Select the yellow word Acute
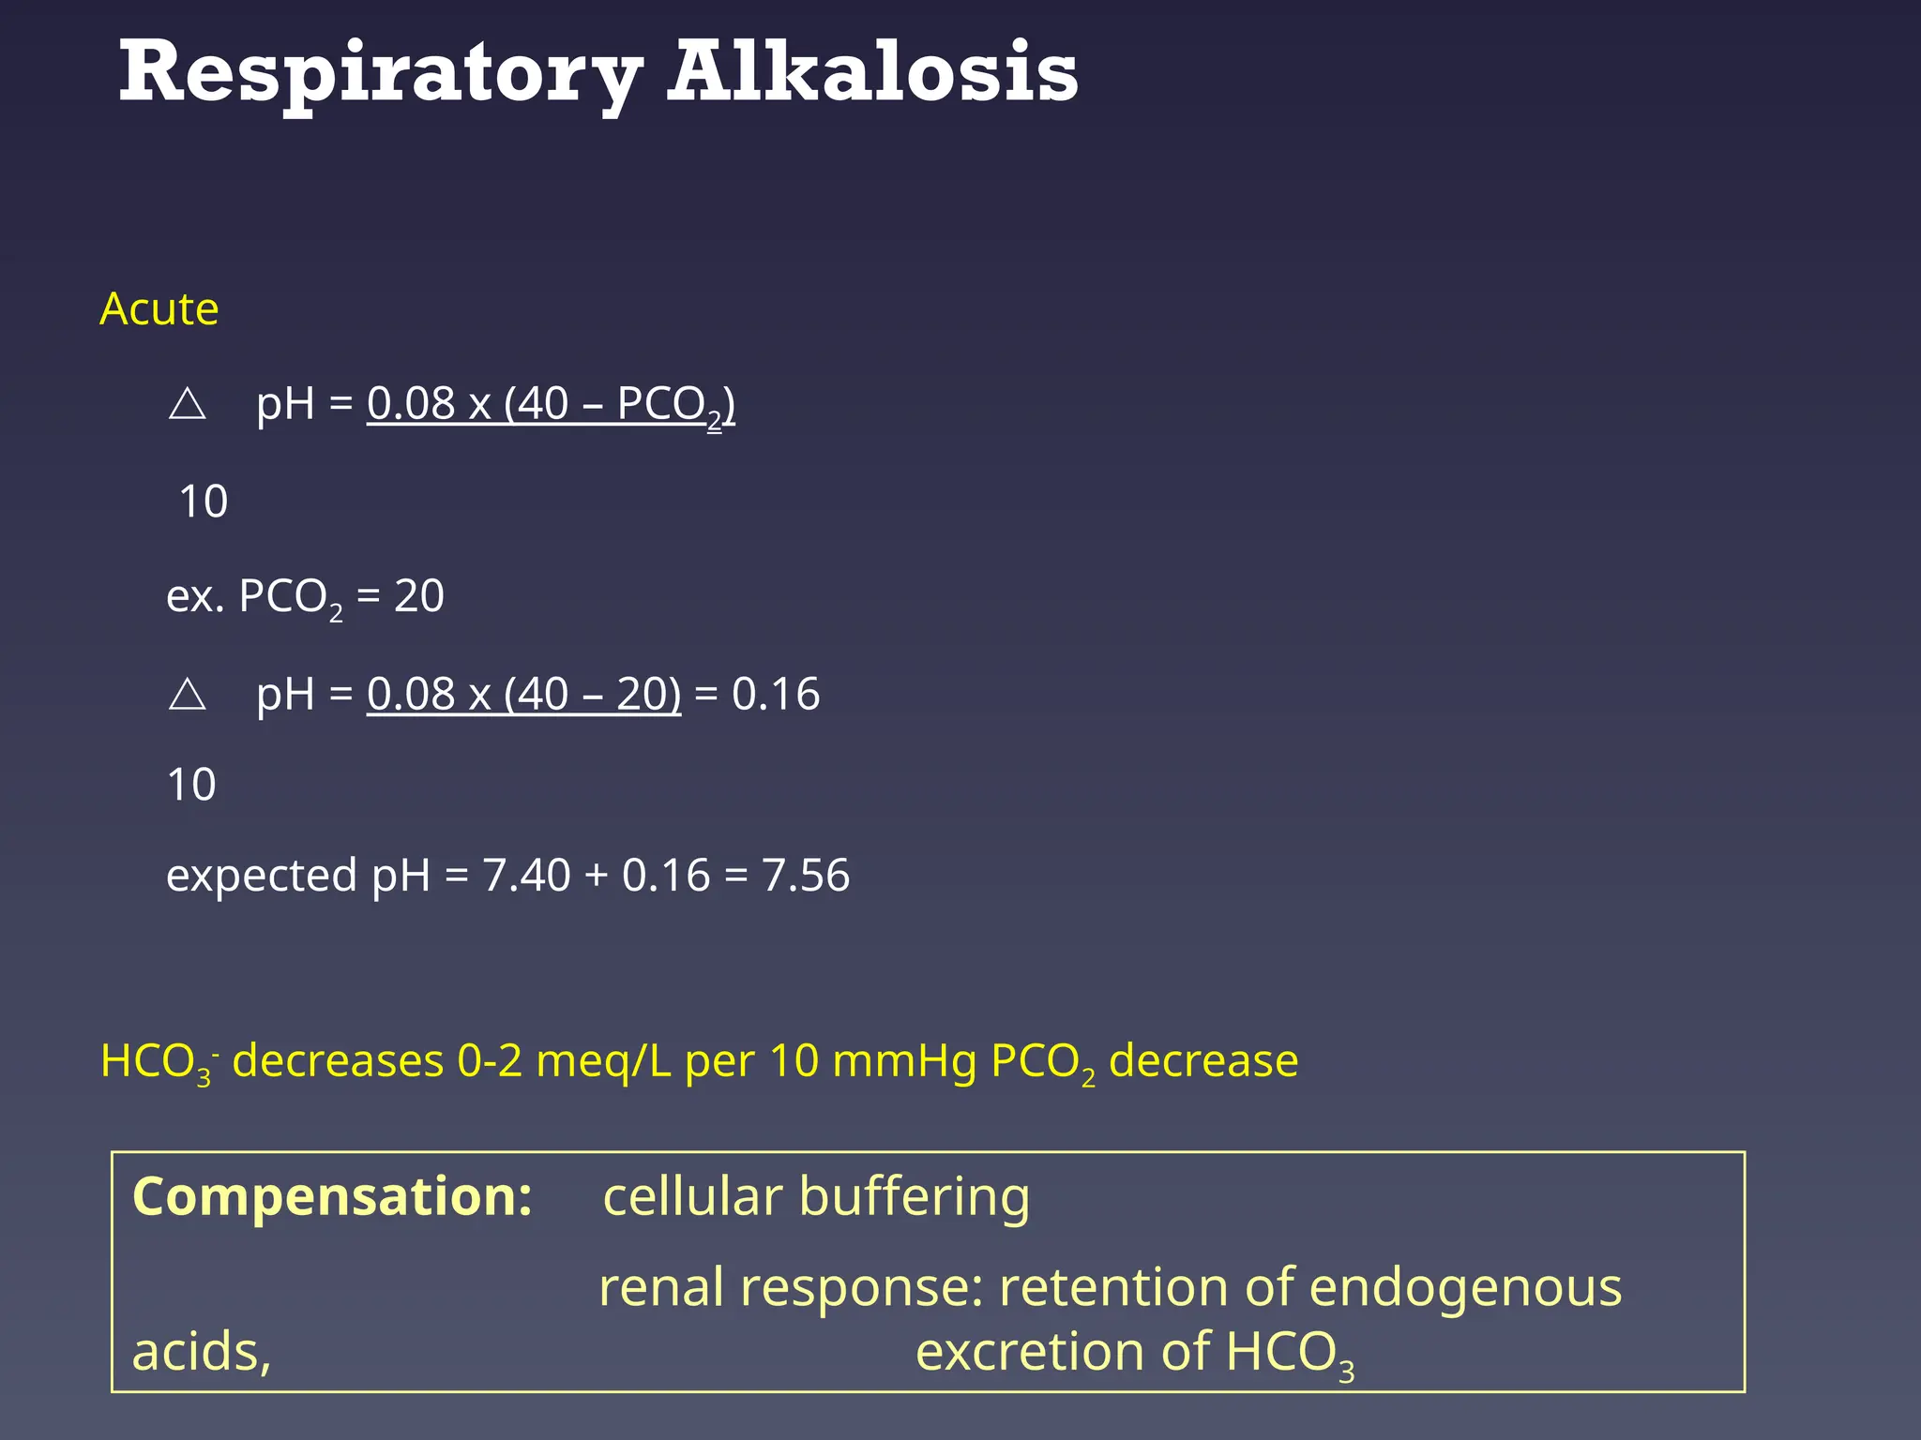(159, 309)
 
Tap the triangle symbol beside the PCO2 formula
(188, 404)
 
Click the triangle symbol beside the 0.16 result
(188, 695)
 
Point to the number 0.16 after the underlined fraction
(776, 695)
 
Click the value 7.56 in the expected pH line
(806, 876)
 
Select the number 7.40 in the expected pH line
(526, 876)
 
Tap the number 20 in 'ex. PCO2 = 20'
(418, 596)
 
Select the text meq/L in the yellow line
(603, 1062)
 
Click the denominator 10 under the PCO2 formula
(203, 502)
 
